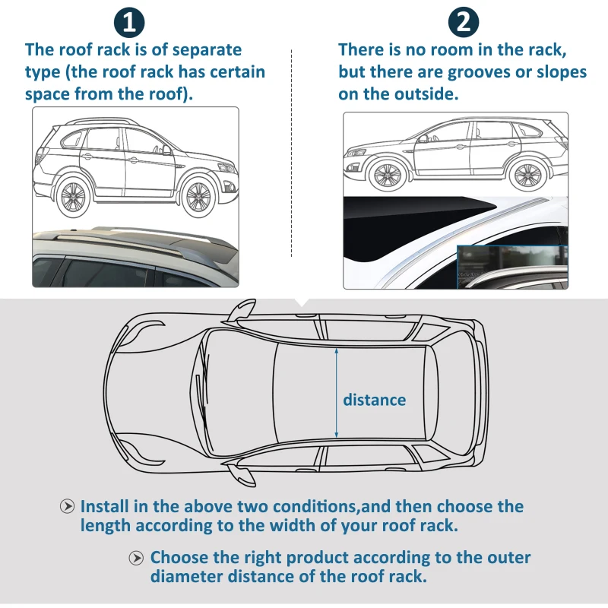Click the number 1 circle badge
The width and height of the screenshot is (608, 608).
point(129,22)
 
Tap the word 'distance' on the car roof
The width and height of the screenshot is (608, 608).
point(374,400)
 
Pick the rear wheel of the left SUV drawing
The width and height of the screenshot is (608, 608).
point(74,195)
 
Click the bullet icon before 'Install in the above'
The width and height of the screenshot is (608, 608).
point(68,507)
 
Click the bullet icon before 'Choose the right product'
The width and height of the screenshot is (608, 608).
point(137,559)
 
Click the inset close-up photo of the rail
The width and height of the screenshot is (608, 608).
point(511,268)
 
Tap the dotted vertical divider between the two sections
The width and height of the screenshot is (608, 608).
point(292,152)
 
